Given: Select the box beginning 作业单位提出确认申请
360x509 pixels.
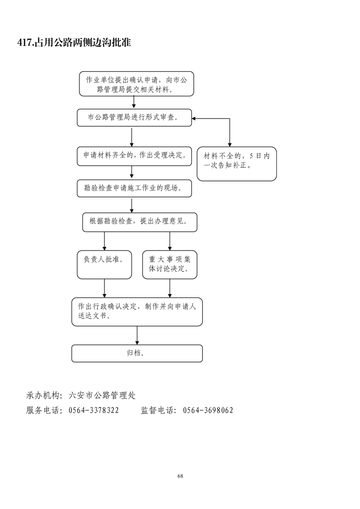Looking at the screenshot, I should [136, 84].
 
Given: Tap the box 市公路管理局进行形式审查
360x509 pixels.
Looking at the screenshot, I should [134, 117].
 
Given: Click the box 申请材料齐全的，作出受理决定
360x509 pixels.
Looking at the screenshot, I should [134, 156].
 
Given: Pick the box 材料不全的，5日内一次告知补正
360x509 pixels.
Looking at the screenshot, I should [237, 163].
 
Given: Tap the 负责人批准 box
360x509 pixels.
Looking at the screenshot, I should [104, 264].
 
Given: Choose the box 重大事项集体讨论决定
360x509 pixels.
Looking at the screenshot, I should [170, 264].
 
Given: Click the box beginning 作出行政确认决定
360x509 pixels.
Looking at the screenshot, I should [137, 312].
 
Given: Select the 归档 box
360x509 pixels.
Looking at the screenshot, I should [137, 353].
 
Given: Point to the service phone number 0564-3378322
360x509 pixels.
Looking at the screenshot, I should [94, 411].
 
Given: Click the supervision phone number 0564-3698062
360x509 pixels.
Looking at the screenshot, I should [208, 411].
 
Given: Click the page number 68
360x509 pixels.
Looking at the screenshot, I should [180, 476].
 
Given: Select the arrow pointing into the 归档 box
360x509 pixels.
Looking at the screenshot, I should [137, 336].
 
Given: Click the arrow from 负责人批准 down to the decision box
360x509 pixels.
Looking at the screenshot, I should [105, 289].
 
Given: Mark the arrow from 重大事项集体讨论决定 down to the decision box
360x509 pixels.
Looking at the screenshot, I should [170, 289].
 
